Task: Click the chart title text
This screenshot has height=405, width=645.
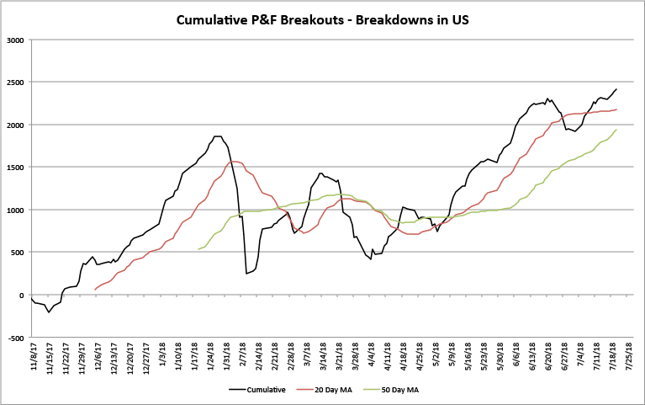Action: [x=322, y=19]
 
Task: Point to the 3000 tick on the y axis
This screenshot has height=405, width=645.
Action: [x=15, y=40]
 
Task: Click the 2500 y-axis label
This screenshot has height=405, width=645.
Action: [x=15, y=83]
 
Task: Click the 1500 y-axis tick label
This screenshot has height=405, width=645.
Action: [x=15, y=168]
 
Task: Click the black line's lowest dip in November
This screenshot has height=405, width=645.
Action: [x=49, y=312]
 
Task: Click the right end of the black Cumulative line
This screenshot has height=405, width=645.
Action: [x=616, y=89]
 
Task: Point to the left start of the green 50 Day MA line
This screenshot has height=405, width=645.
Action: [x=198, y=249]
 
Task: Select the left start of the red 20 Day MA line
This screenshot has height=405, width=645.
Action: [x=94, y=290]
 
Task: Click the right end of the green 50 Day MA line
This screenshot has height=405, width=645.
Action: [x=616, y=130]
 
